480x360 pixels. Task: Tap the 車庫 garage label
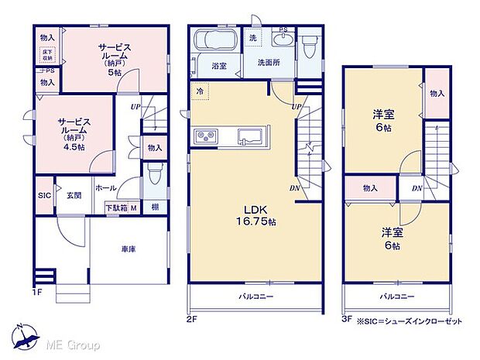(x=129, y=249)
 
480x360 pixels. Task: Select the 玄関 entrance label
(x=74, y=195)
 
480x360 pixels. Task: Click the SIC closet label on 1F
(x=43, y=195)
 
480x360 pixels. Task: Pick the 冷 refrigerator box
(x=199, y=90)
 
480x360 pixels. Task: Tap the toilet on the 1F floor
(x=153, y=178)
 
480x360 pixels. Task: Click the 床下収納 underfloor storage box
(x=46, y=53)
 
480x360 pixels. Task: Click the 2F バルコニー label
(x=255, y=297)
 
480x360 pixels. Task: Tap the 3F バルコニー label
(x=396, y=297)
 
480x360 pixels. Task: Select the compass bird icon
(x=26, y=334)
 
